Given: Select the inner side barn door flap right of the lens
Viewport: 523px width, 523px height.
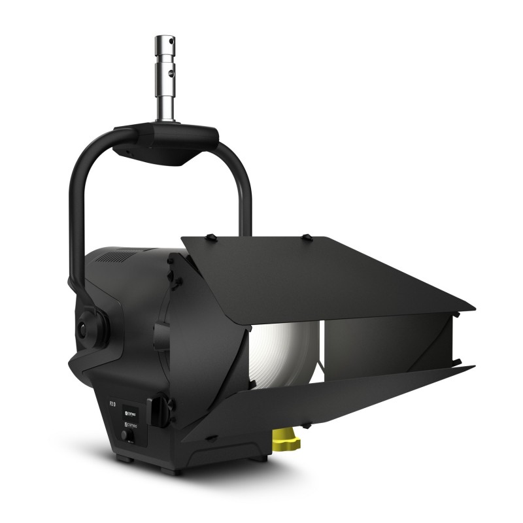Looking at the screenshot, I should [386, 346].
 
